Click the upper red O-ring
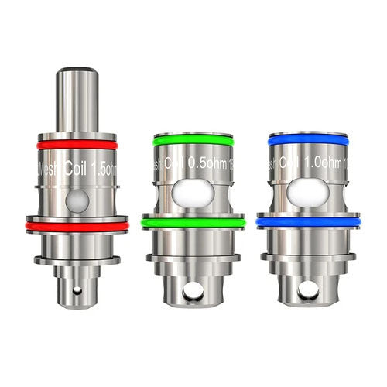click(x=77, y=145)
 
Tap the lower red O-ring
click(x=77, y=225)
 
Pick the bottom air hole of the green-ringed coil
click(x=193, y=292)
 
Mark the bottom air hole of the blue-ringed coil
click(x=309, y=292)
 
